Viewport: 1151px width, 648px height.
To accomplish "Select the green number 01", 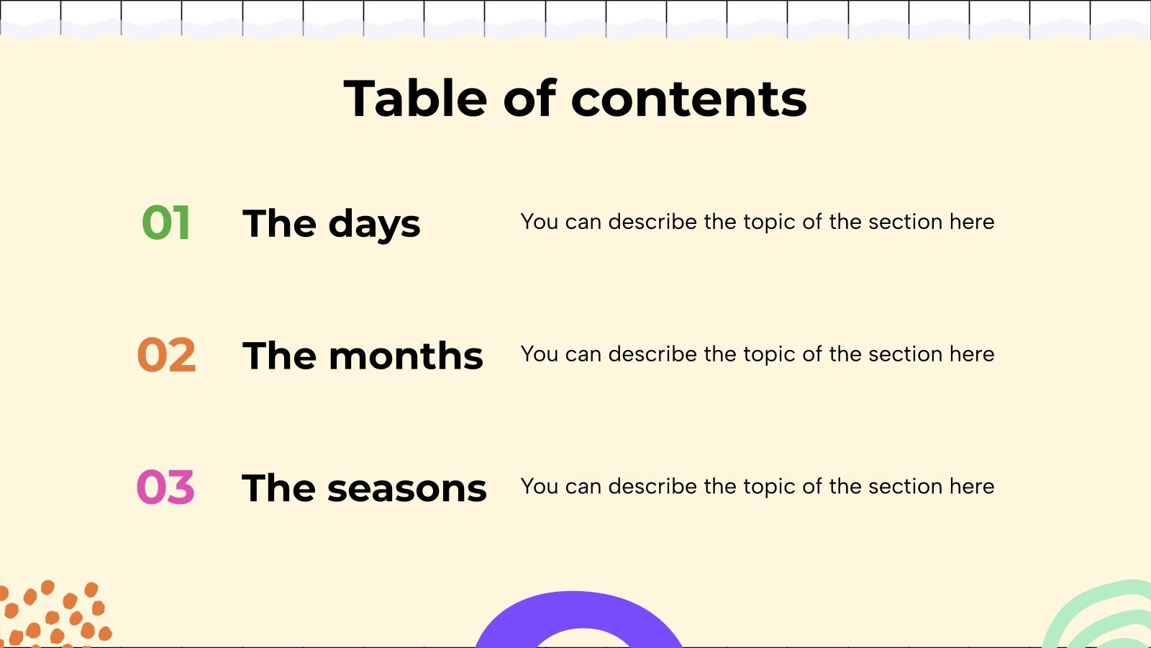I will pos(166,223).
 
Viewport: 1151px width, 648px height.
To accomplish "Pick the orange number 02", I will pos(166,356).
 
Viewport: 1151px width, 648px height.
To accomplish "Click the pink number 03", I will pos(165,487).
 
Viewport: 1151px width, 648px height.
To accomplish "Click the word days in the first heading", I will pos(374,225).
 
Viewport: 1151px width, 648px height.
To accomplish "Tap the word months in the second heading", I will pos(406,356).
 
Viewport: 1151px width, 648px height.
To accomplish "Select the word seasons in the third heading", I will pos(406,488).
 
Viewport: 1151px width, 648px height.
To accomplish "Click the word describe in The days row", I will pos(652,222).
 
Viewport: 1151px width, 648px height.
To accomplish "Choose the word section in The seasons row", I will pos(906,487).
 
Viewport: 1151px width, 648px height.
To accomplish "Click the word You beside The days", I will pos(539,222).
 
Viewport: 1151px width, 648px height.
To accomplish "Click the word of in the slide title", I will pos(529,99).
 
